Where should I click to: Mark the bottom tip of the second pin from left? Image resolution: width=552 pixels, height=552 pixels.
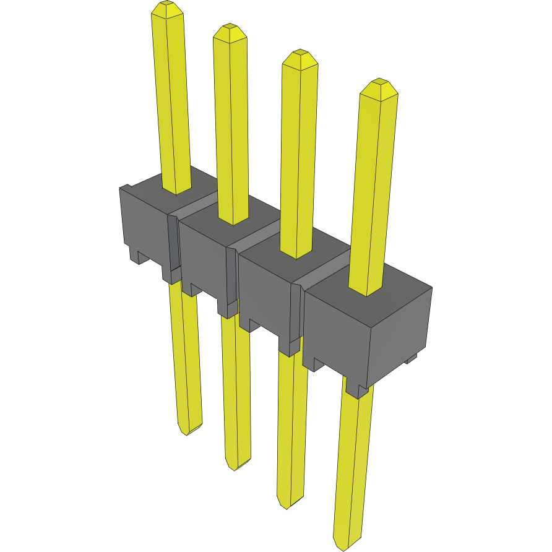pyautogui.click(x=236, y=467)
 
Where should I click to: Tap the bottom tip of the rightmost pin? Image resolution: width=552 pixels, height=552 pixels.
pyautogui.click(x=342, y=548)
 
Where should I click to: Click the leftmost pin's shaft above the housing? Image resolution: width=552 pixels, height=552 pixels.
pyautogui.click(x=172, y=99)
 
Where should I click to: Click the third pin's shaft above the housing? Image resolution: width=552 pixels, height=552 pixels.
pyautogui.click(x=300, y=155)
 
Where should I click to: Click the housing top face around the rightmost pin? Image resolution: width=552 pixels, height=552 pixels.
pyautogui.click(x=396, y=297)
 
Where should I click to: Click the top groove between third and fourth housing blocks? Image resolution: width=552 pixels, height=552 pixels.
pyautogui.click(x=322, y=273)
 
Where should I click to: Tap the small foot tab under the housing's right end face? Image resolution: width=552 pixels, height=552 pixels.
pyautogui.click(x=412, y=359)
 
